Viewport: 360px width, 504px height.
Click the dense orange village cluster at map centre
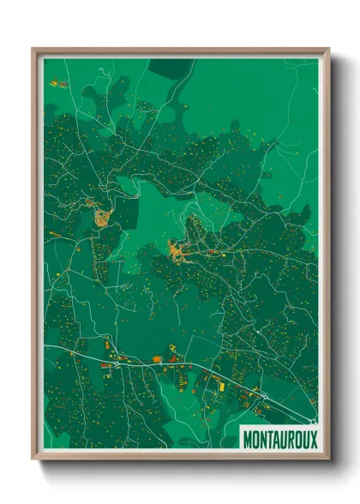180,251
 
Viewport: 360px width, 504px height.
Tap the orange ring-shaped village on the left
103,215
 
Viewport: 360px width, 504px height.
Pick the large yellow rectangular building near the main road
219,387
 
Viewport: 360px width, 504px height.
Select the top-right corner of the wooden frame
328,49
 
